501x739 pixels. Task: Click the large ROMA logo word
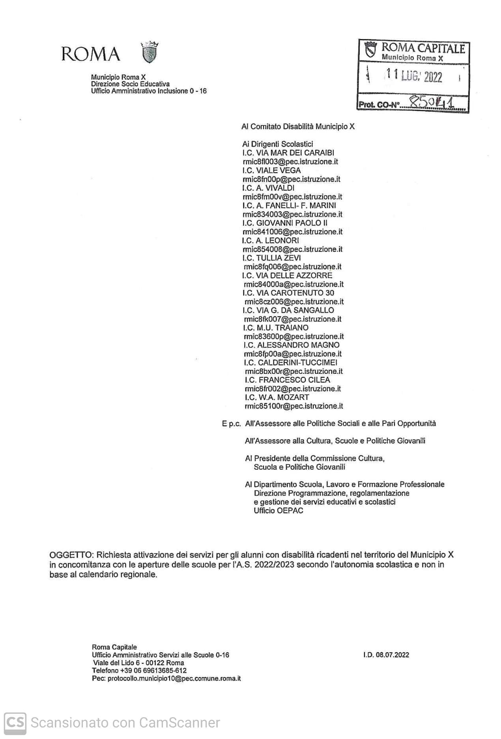(90, 54)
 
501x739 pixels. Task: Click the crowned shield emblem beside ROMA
(150, 52)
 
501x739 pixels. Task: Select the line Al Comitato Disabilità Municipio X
(298, 127)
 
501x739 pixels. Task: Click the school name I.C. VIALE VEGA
(271, 170)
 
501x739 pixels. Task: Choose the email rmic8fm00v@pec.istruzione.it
(292, 197)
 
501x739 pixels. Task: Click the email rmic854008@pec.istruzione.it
(293, 249)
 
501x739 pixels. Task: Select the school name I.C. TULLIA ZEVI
(272, 258)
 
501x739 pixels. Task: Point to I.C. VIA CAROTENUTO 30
(288, 293)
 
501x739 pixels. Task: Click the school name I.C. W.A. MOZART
(277, 397)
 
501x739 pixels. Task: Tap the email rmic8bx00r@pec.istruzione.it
(293, 371)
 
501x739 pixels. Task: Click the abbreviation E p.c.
(231, 424)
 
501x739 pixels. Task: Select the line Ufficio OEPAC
(279, 510)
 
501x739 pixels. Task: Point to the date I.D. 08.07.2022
(386, 655)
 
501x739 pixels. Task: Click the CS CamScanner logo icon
(15, 722)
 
